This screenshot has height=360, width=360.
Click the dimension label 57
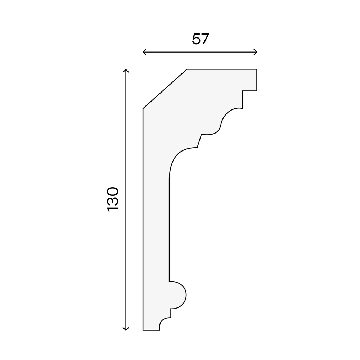pos(201,39)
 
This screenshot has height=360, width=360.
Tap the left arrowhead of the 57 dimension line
pos(144,52)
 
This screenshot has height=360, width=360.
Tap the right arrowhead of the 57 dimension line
pos(256,52)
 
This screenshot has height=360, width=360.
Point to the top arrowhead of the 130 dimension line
pos(126,71)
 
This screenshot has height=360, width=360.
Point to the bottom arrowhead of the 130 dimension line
pos(126,329)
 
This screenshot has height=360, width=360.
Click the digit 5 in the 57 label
pos(196,39)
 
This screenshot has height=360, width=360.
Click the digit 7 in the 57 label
pos(205,39)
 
